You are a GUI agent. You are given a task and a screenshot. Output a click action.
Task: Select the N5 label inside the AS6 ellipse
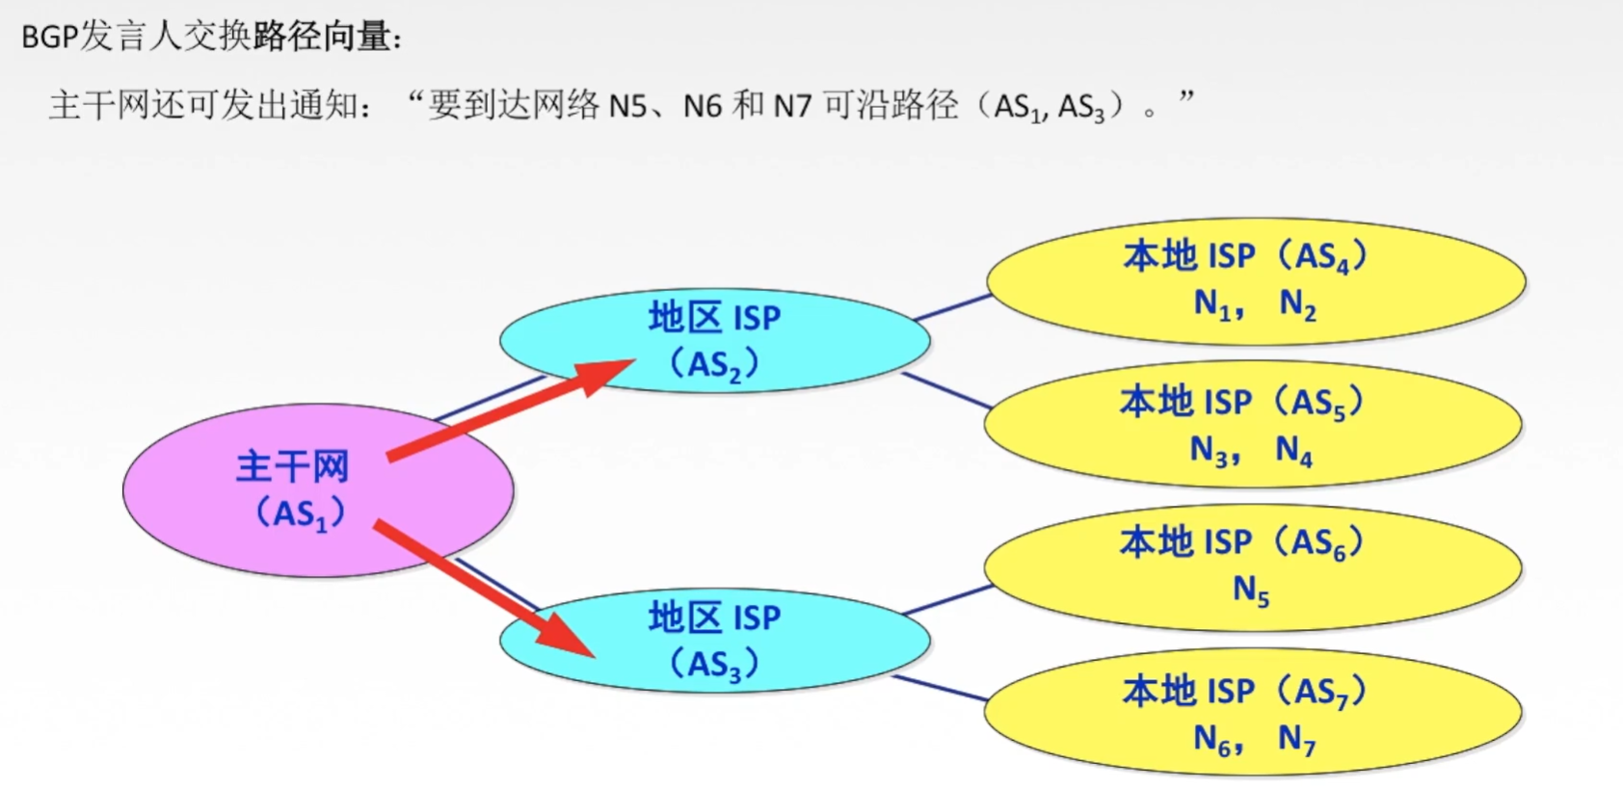1251,590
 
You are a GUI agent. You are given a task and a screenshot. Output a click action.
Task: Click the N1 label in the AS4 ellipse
1212,304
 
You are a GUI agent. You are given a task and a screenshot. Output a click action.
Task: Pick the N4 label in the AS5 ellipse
1293,450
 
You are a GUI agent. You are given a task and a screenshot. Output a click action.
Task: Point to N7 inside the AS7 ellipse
1296,739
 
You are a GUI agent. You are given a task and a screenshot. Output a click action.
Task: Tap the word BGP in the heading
50,38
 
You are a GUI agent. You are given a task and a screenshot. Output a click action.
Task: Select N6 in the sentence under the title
702,105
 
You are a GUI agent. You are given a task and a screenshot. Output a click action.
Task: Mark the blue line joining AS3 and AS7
940,688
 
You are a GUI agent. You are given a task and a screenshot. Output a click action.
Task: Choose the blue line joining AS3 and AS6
949,599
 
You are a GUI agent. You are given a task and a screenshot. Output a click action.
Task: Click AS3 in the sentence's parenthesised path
1080,107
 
